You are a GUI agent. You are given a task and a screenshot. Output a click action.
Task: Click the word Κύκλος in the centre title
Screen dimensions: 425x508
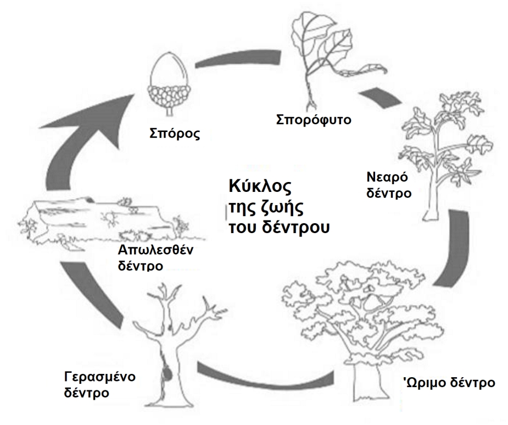[259, 185]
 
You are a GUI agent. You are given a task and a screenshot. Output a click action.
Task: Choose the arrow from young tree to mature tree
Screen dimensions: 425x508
[456, 247]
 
